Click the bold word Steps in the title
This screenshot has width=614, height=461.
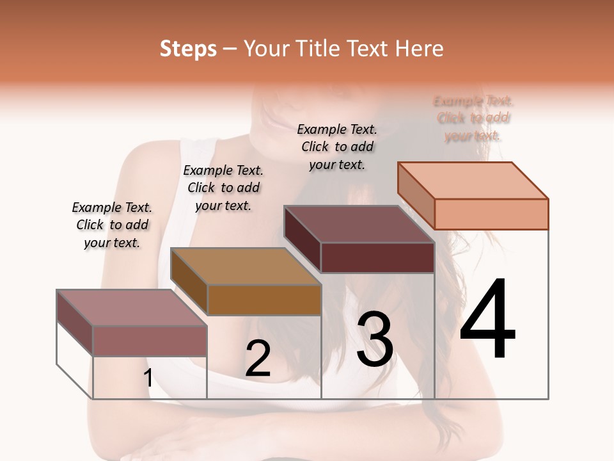pos(188,49)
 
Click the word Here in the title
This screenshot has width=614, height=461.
pos(420,49)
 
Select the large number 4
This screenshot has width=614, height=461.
pos(487,319)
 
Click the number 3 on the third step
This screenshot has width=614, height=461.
pos(375,340)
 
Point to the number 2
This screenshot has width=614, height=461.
pos(258,359)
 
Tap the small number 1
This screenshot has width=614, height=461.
pos(148,378)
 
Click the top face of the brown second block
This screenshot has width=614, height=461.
pos(246,266)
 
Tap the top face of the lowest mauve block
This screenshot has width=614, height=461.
pos(132,307)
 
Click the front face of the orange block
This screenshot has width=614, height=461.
pos(491,214)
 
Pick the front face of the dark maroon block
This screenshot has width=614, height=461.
pos(377,257)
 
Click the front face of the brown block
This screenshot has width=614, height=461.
pos(264,300)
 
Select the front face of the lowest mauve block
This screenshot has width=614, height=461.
pos(150,341)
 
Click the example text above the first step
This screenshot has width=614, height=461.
pos(112,225)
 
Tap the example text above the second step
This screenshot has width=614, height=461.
pos(223,188)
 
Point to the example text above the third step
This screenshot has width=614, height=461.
pos(337,147)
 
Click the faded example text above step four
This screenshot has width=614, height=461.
pos(473,118)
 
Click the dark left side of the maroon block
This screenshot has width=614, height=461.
pos(302,239)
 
